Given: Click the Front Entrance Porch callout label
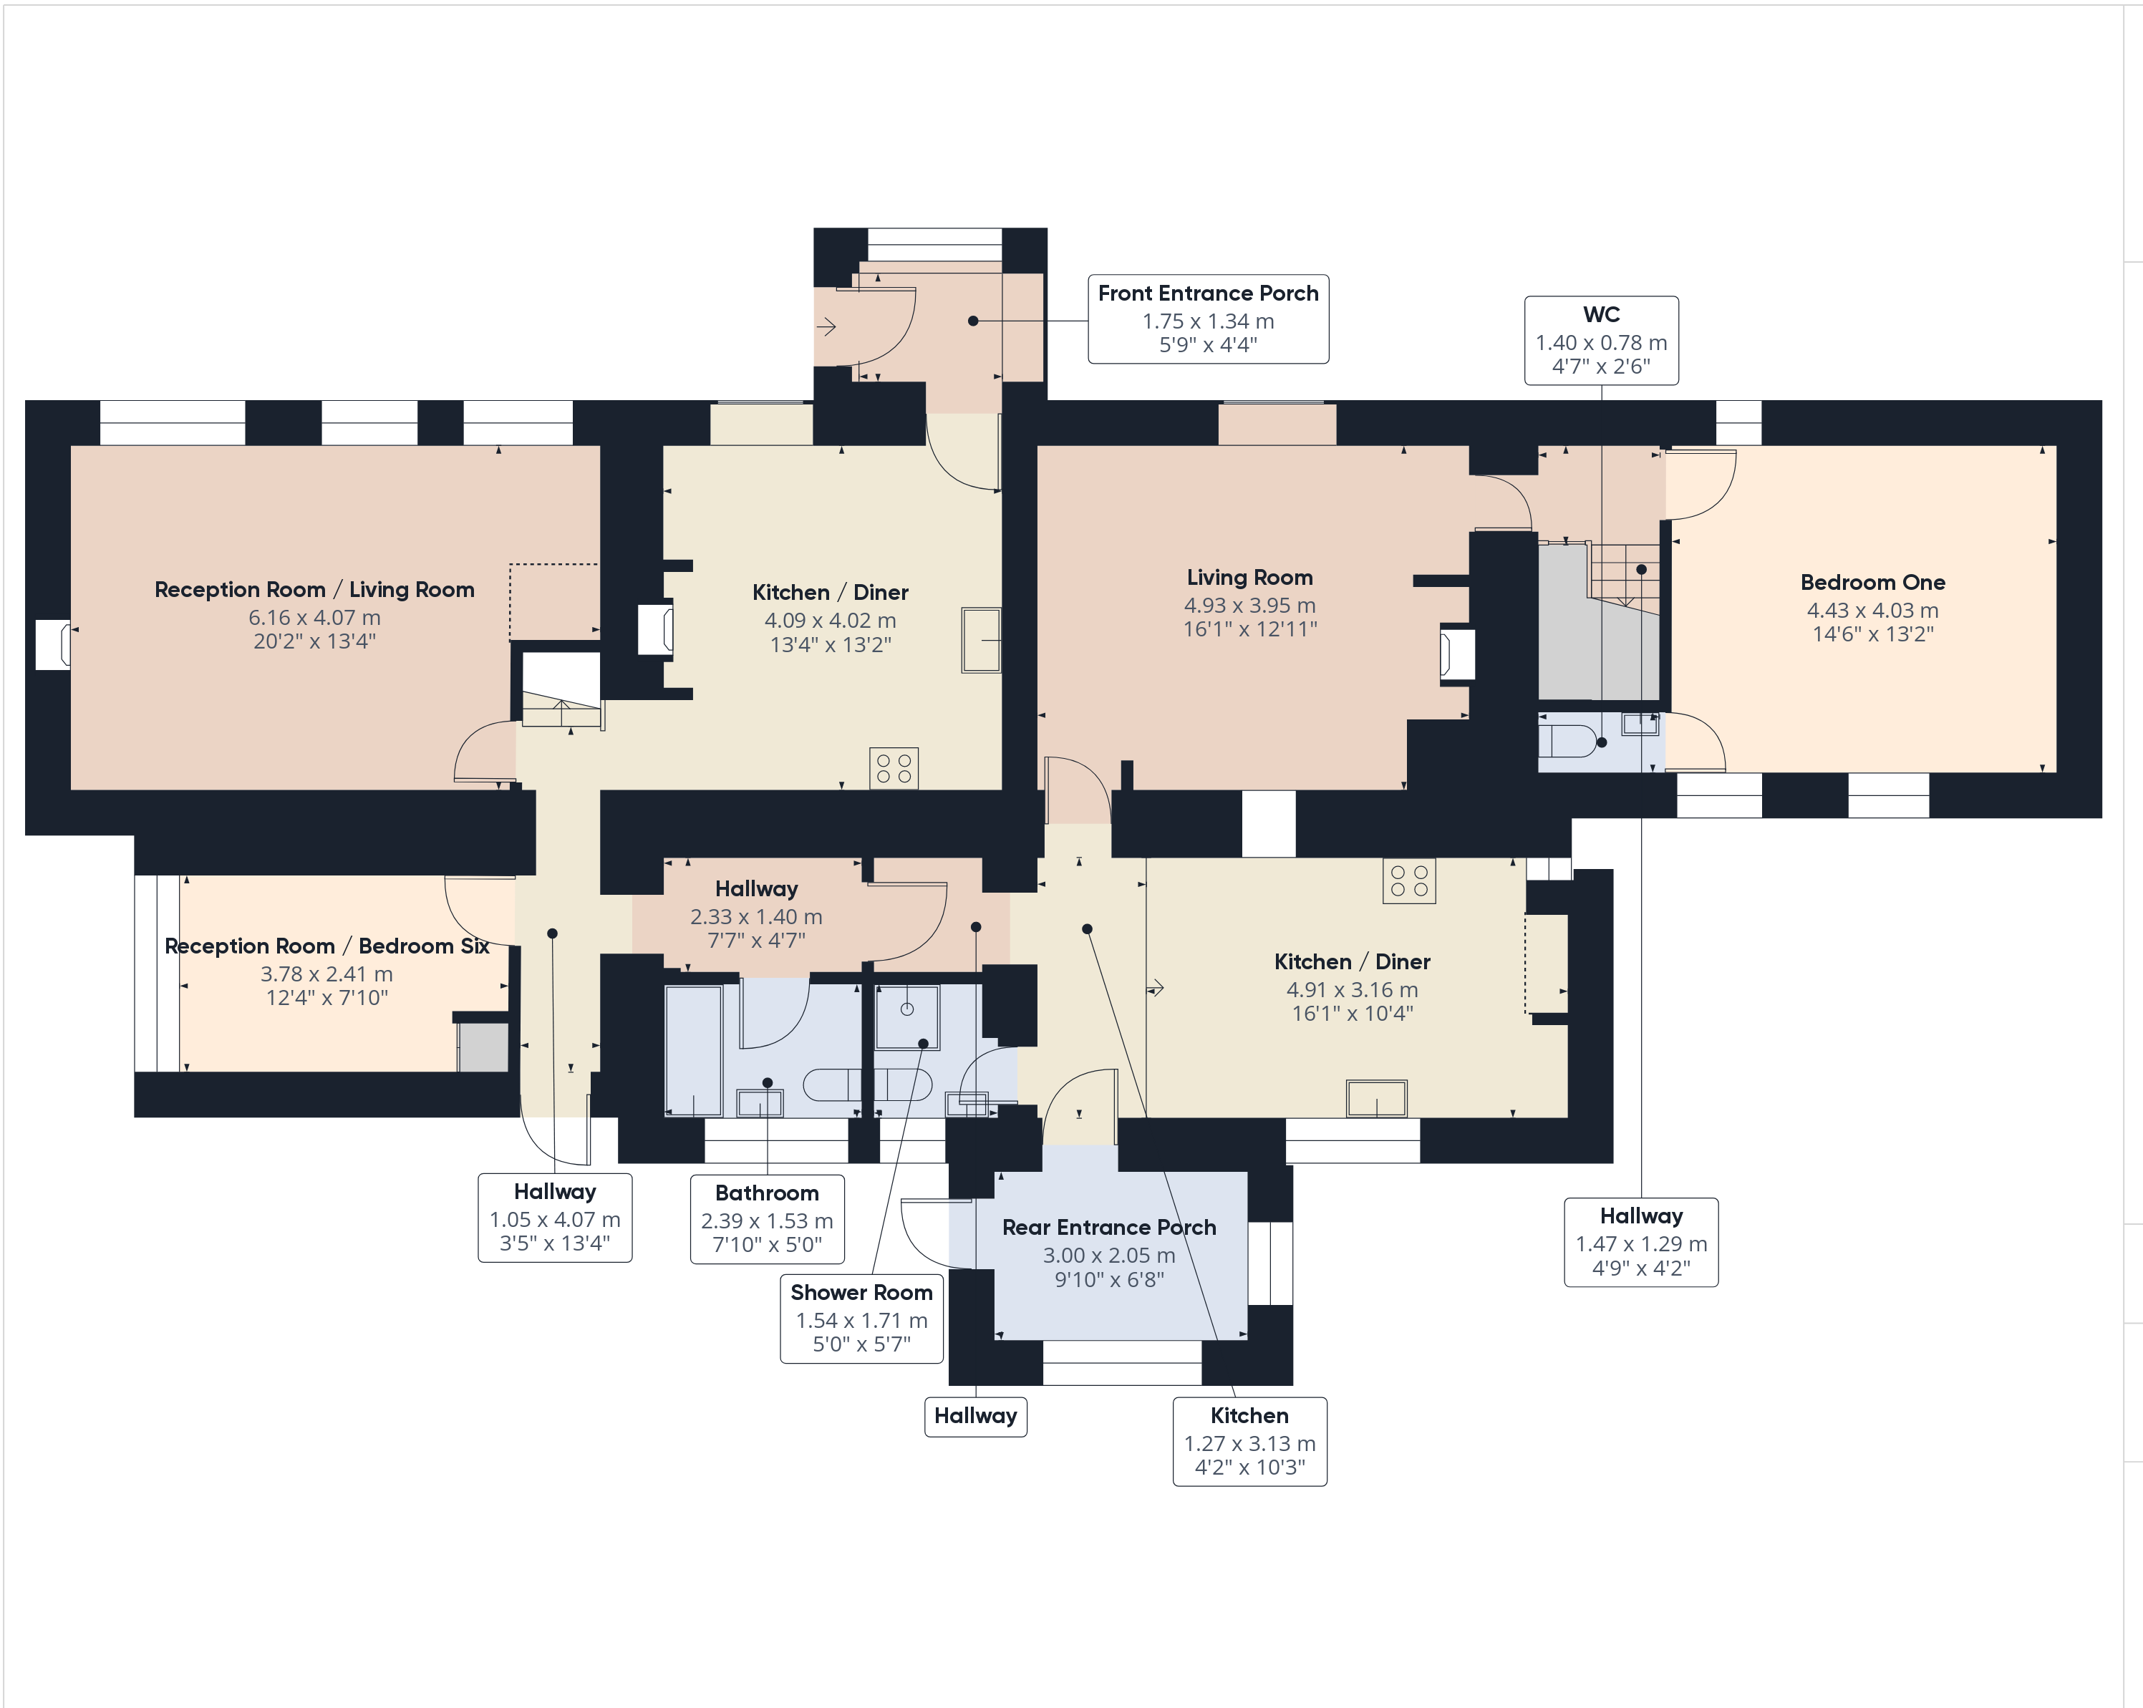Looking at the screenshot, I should coord(1208,319).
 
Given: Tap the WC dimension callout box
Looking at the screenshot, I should coord(1600,341).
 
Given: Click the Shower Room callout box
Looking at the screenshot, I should coord(861,1319).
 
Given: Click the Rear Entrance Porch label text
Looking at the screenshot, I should coord(1108,1227).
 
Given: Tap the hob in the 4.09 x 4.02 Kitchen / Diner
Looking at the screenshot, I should coord(894,768).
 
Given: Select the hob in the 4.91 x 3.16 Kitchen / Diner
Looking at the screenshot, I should coord(1408,880).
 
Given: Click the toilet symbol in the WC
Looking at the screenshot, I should coord(1569,741).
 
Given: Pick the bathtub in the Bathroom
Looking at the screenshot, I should coord(693,1050).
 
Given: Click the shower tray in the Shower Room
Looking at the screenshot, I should coord(906,1016).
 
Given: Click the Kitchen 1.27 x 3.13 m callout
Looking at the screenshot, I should coord(1249,1441).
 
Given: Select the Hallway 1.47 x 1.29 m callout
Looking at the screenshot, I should coord(1640,1242).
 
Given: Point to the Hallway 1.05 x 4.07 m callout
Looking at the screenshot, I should coord(555,1217).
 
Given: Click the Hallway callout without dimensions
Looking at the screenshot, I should coord(975,1416).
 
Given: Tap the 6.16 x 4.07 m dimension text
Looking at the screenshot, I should coord(314,617).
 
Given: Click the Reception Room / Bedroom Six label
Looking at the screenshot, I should coord(327,946).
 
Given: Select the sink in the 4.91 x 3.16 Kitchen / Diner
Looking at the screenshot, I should coord(1375,1098).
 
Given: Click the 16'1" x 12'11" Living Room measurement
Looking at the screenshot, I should coord(1249,629).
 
